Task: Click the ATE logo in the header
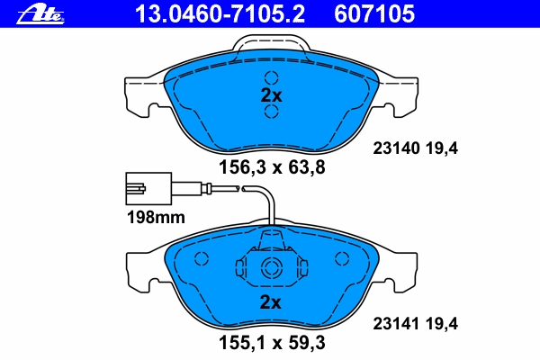click(40, 13)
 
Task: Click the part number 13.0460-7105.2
click(220, 13)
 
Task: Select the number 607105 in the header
click(374, 13)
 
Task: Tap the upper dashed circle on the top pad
click(272, 78)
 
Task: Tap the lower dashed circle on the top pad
click(272, 112)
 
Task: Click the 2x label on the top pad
click(271, 95)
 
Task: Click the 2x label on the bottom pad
click(270, 302)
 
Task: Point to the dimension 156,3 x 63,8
click(272, 167)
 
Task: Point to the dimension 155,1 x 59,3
click(272, 343)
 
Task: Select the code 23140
click(396, 148)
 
